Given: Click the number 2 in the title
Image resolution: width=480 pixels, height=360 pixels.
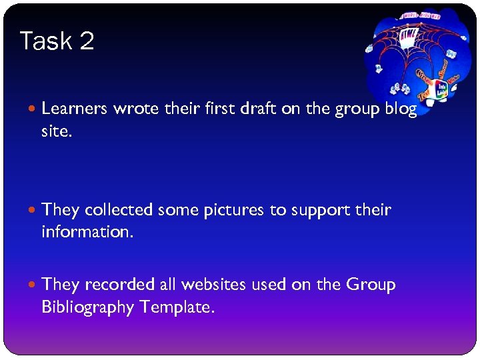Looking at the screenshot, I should pos(87,41).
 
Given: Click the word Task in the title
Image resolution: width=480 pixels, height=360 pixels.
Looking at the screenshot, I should pos(45,41).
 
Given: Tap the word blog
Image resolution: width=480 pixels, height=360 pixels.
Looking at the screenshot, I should pos(401,109).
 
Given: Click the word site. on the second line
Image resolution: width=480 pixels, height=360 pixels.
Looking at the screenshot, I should pos(55,131).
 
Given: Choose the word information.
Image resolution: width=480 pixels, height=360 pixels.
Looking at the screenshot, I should pos(87,233).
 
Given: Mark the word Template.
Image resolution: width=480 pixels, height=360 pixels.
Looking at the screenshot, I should pos(177,307).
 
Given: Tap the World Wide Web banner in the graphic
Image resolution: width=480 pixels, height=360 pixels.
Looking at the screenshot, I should pos(421,15).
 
